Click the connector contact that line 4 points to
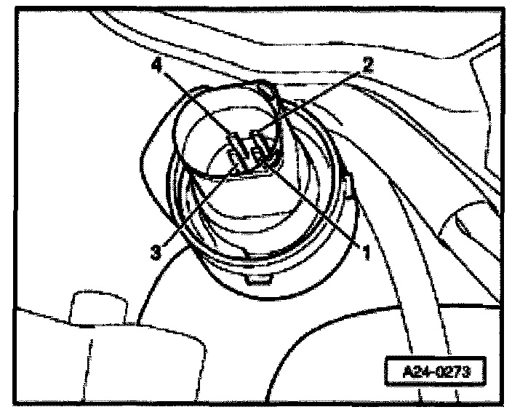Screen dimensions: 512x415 [237, 143]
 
